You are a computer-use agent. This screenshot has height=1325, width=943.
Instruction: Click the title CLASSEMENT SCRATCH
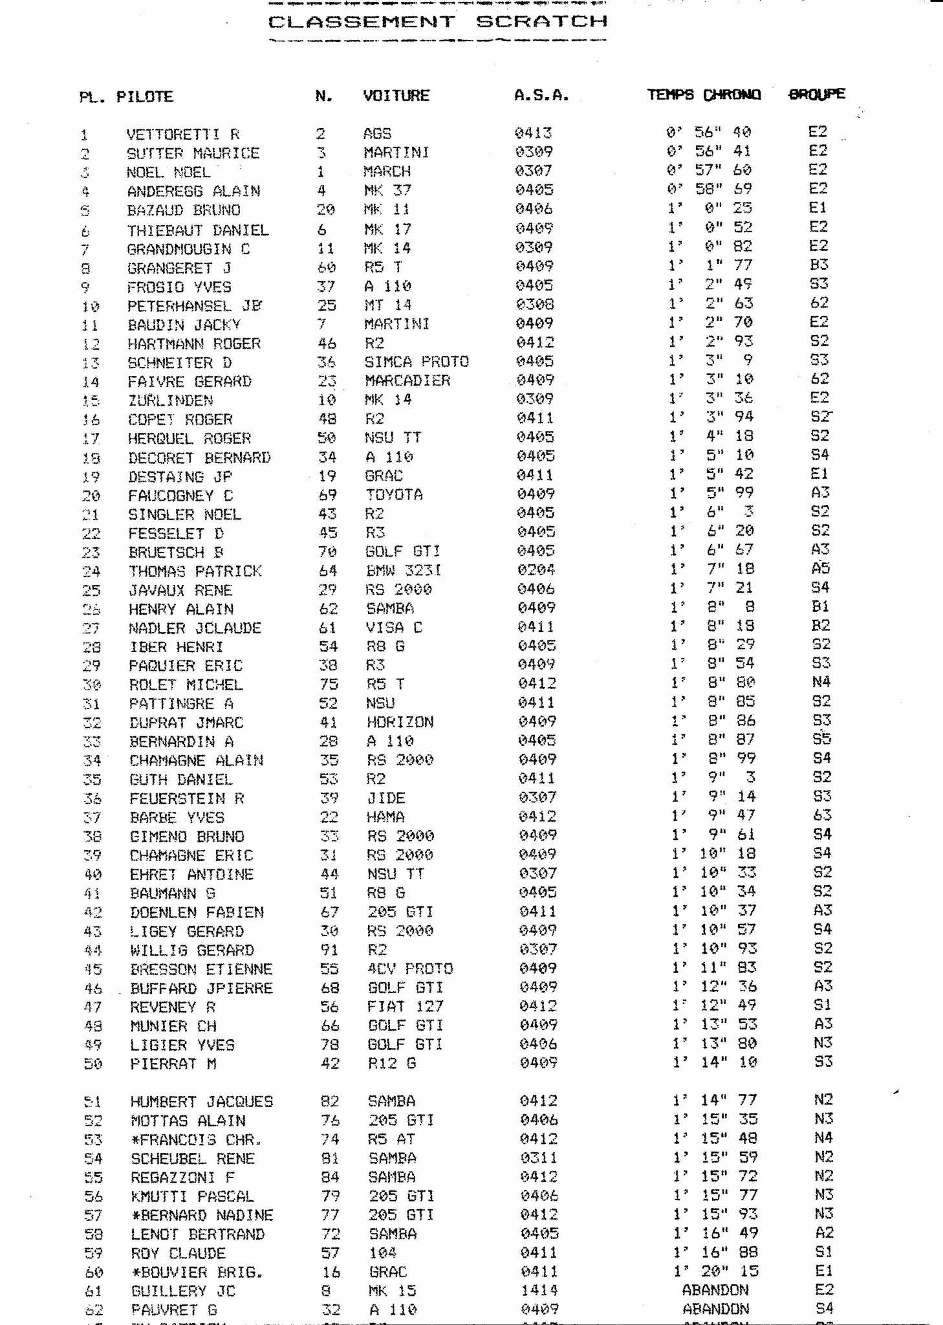coord(438,22)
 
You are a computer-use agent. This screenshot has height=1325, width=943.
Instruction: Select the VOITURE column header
coord(396,96)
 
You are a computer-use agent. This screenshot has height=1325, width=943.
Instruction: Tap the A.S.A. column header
coord(541,96)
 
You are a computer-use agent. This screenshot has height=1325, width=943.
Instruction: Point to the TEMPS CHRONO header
coord(704,95)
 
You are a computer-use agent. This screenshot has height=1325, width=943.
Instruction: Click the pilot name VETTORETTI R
coord(183,135)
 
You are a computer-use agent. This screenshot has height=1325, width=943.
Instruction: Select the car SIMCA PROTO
coord(417,362)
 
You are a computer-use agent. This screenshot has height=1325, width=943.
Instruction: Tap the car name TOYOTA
coord(394,495)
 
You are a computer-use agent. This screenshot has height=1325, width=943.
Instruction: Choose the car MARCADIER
coord(407,380)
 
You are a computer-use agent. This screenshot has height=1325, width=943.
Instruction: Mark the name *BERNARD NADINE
coord(201,1215)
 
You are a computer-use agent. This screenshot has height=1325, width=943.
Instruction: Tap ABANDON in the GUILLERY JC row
coord(715,1290)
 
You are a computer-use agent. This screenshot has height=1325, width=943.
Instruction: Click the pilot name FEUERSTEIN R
coord(186,798)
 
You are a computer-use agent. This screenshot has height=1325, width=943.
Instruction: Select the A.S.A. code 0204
coord(536,570)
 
